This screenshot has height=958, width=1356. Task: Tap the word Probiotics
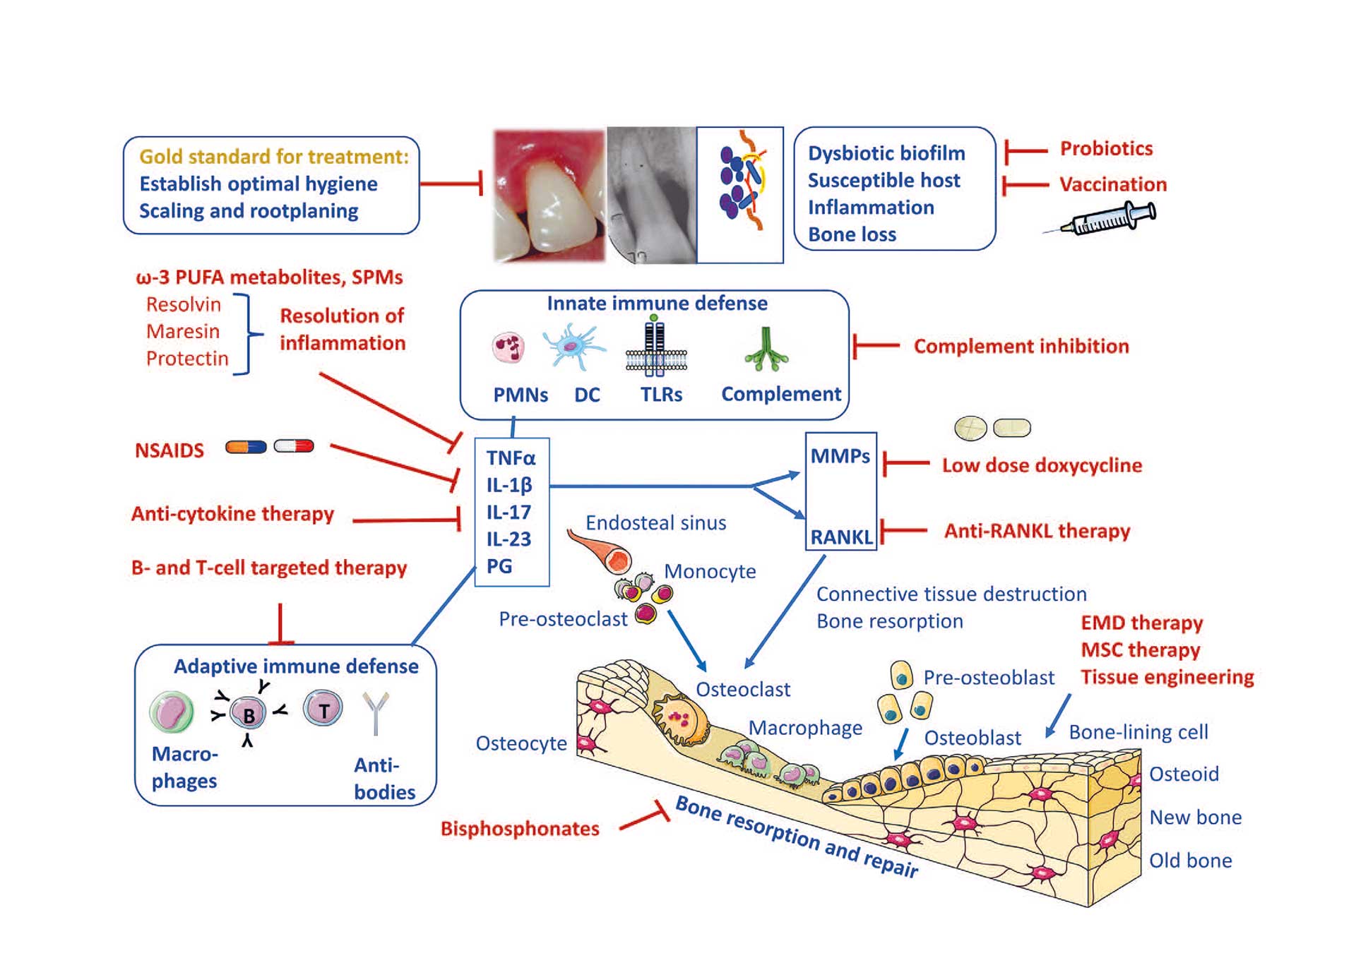coord(1106,149)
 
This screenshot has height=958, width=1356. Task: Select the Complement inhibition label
coord(1021,346)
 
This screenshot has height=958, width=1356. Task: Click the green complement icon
coord(766,350)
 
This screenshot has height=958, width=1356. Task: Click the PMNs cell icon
coord(509,347)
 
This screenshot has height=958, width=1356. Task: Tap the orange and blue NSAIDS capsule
coord(246,447)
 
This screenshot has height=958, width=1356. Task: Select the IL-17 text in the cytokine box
coord(509,512)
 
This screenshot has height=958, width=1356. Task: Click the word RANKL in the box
coord(841,537)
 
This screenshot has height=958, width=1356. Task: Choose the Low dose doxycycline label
coord(1042,465)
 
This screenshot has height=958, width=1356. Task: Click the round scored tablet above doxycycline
coord(970,428)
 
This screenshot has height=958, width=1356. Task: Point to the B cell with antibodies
coord(249,714)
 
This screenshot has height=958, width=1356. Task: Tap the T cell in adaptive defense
coord(323,709)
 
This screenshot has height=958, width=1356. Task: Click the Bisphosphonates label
coord(520,828)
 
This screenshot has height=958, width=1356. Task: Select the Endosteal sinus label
coord(655,523)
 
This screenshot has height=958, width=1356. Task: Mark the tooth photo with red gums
coord(549,196)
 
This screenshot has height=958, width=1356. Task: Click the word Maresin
coord(183,331)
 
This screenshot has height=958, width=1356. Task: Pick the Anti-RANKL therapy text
coord(1037,531)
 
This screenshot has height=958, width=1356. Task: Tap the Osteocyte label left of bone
coord(521,743)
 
